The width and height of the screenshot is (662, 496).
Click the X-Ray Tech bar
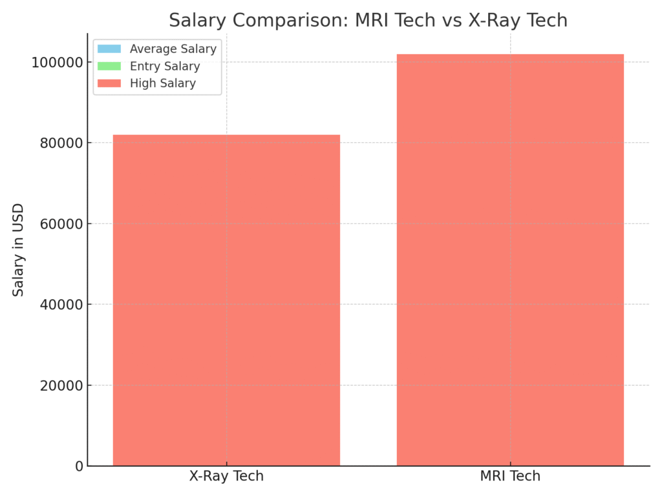coord(226,300)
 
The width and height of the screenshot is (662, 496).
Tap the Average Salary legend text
coord(173,49)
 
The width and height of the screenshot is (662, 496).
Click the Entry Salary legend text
coord(164,66)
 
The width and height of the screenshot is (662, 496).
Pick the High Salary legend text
coord(162,83)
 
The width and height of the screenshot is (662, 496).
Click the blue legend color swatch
coord(109,49)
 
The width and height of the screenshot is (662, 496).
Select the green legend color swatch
coord(109,66)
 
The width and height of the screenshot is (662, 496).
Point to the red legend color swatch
coord(109,83)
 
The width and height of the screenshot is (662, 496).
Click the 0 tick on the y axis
coord(80,466)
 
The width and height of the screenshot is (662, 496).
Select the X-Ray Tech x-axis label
coord(226,477)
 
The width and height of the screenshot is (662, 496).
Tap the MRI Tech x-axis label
coord(510,477)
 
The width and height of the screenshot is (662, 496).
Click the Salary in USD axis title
coord(19,249)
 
